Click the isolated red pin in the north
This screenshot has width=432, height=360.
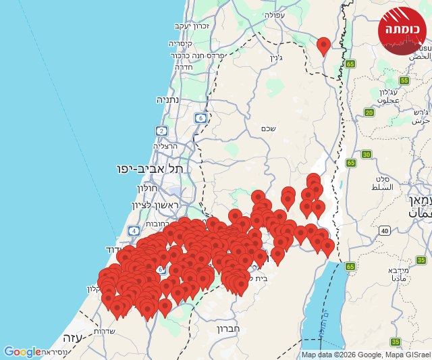[323, 45]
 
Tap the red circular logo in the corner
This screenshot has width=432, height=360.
[402, 30]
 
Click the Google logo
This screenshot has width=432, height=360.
[22, 352]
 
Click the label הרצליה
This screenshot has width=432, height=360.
[165, 145]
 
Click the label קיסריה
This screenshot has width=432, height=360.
[182, 43]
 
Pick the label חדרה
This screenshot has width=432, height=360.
[184, 67]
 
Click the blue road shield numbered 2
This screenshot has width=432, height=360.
[161, 130]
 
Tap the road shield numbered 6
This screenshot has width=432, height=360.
[200, 118]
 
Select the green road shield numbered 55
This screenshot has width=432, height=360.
[404, 80]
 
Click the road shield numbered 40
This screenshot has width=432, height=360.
[384, 230]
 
